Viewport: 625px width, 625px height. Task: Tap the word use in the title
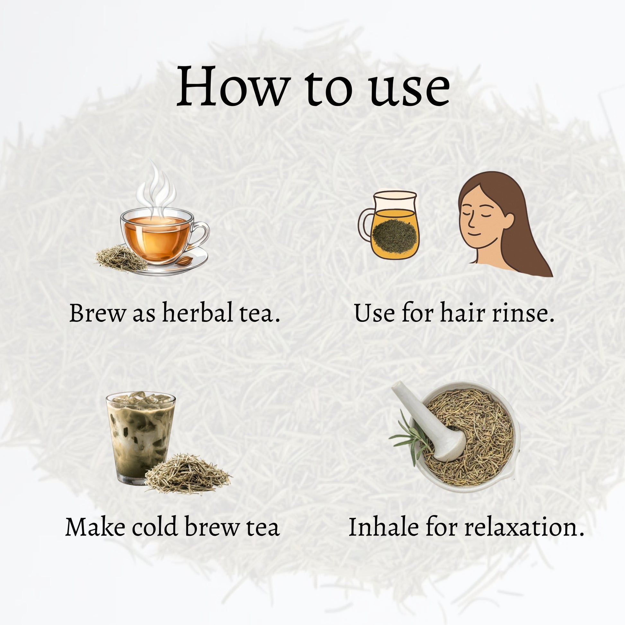[x=410, y=89]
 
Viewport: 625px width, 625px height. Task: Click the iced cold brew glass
[x=140, y=438]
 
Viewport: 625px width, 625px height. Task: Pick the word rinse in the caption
[x=523, y=314]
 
